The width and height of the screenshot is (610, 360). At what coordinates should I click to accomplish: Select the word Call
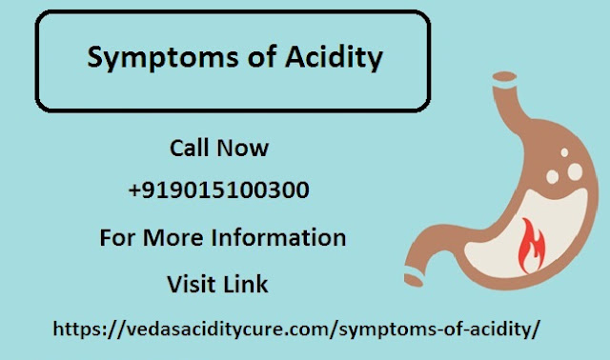[x=188, y=149]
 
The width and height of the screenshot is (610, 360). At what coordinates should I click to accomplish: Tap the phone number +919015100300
[x=218, y=190]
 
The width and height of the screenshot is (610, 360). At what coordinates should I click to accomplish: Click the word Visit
[x=193, y=284]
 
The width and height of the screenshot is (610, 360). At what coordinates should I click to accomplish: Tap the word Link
[x=247, y=284]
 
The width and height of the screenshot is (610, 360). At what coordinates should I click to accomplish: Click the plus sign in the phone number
[x=133, y=191]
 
